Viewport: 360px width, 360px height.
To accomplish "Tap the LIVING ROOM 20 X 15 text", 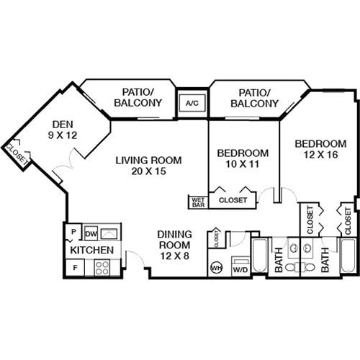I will point(149,166).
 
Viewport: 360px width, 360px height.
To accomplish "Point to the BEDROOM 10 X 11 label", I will point(243,158).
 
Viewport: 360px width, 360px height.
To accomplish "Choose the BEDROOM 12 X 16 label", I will point(320,150).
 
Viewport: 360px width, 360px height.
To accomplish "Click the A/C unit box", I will point(192,104).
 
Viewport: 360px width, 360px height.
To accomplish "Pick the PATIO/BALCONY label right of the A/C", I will point(254,98).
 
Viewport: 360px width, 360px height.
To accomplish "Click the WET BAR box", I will point(198,202).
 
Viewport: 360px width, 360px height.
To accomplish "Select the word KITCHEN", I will point(91,250).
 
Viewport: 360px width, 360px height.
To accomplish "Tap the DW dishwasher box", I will point(91,233).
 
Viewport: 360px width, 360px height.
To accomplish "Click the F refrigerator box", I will point(74,268).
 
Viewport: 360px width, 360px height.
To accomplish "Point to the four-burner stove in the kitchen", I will point(102,269).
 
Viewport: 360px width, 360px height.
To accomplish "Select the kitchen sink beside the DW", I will point(110,233).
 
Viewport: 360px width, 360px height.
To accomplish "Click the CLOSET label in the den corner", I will point(16,152).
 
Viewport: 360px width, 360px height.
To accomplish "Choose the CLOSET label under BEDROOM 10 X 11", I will point(233,200).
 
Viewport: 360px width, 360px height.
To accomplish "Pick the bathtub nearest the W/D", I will point(259,256).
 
